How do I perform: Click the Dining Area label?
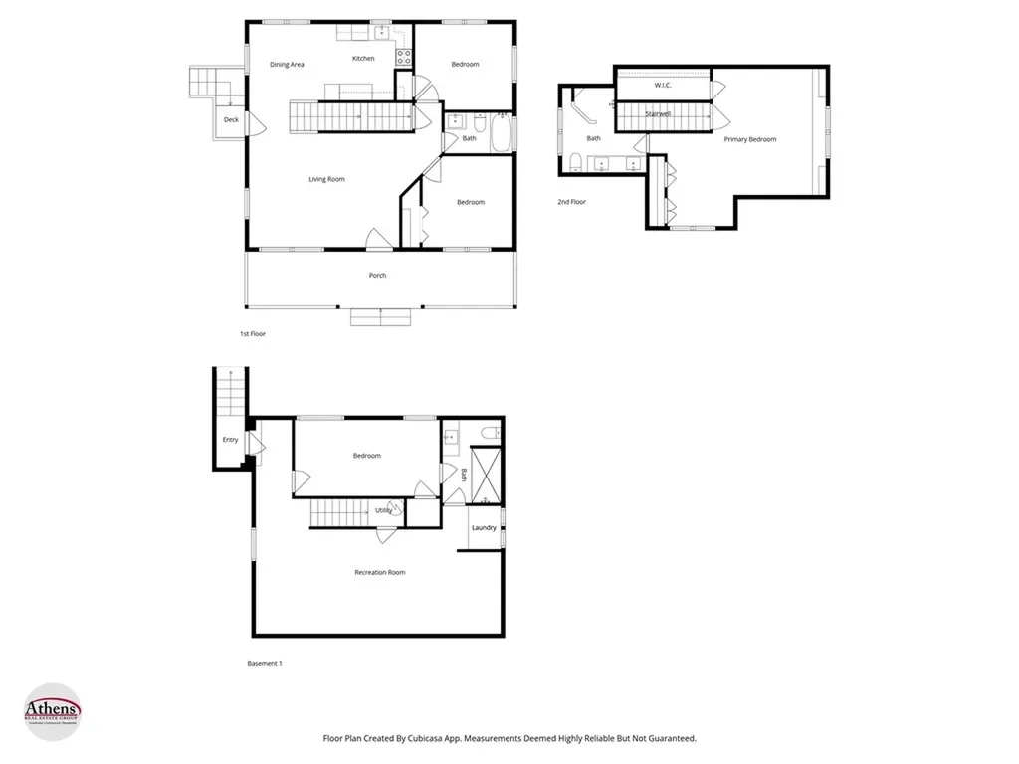287,65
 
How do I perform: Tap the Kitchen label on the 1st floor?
363,59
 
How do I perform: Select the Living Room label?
326,179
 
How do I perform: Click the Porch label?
377,275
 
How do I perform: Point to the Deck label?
231,120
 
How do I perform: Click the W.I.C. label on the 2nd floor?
663,86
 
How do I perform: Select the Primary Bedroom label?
749,139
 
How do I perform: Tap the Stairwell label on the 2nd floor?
659,115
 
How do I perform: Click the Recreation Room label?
380,572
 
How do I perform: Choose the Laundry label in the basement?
484,527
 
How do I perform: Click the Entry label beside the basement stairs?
230,439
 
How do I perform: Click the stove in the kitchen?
404,57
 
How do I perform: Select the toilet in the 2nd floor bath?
576,162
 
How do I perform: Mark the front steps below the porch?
379,317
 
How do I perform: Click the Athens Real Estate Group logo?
52,711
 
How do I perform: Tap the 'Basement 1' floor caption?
264,663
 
